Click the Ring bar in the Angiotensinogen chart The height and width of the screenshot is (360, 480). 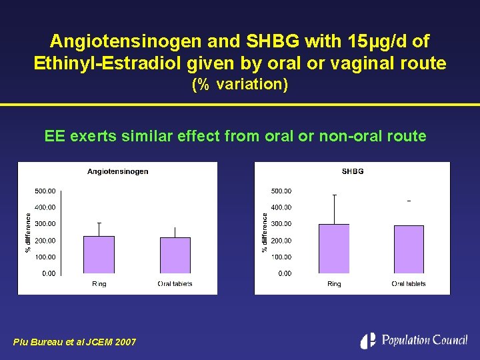click(99, 255)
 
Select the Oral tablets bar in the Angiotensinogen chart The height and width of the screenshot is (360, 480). click(175, 256)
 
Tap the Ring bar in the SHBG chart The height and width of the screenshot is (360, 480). click(334, 249)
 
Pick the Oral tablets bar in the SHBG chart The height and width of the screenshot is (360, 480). click(409, 249)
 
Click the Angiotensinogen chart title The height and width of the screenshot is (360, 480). click(118, 171)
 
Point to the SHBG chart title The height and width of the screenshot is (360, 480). click(353, 171)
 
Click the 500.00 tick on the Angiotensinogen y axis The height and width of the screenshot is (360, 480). click(45, 191)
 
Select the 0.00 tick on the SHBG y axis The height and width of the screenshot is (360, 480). click(285, 273)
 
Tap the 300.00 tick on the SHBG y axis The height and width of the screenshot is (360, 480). click(281, 224)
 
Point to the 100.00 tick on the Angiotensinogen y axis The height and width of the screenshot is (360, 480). click(45, 257)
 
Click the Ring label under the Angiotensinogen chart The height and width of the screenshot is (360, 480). click(99, 284)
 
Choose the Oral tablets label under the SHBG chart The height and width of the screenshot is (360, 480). click(409, 284)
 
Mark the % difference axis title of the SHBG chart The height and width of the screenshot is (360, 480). click(265, 232)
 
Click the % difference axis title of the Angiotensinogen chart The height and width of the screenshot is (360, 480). click(27, 232)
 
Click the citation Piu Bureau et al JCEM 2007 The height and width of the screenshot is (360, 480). click(75, 342)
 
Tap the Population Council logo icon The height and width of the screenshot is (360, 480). click(368, 340)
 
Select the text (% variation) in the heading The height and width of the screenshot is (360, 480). click(240, 85)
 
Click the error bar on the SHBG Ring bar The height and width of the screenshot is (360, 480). click(334, 209)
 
